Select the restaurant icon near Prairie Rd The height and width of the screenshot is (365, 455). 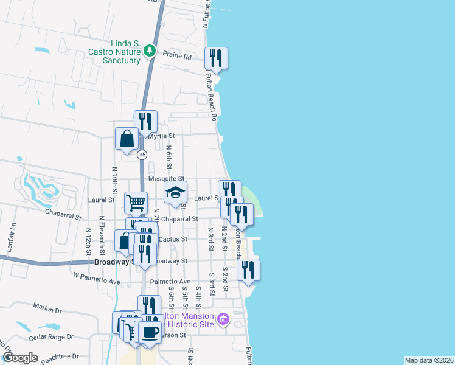pyautogui.click(x=216, y=59)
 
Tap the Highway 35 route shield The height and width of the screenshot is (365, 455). pyautogui.click(x=142, y=155)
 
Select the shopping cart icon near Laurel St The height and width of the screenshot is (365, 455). pyautogui.click(x=136, y=202)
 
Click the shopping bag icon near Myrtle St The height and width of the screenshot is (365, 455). pyautogui.click(x=126, y=139)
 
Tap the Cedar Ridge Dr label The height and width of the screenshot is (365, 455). pyautogui.click(x=52, y=336)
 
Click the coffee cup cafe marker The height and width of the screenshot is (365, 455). pyautogui.click(x=150, y=333)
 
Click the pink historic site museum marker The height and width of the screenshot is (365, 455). pyautogui.click(x=223, y=319)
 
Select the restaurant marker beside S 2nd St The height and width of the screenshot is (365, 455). pyautogui.click(x=248, y=269)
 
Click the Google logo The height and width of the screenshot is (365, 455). pyautogui.click(x=20, y=358)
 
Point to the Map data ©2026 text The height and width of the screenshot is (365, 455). pyautogui.click(x=429, y=360)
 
